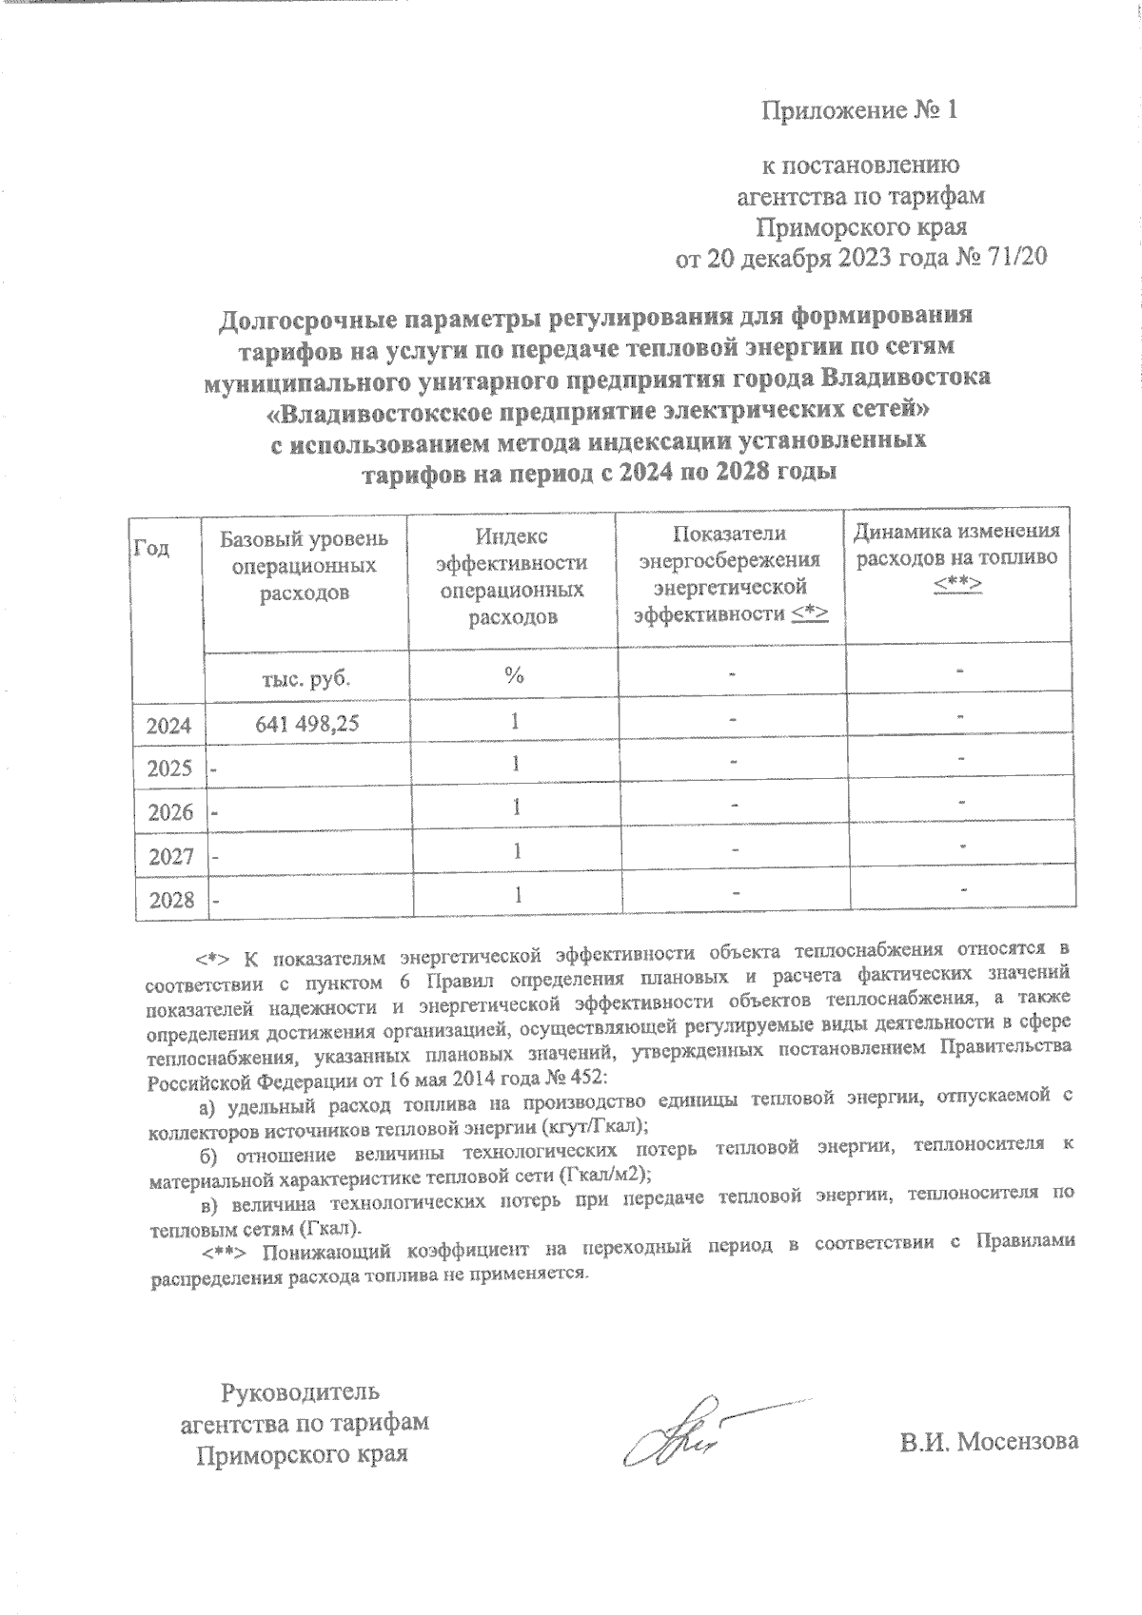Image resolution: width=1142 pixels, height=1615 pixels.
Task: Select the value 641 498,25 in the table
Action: [306, 724]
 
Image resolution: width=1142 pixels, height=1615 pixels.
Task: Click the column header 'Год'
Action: [153, 549]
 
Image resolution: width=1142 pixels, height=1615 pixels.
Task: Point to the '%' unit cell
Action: [515, 676]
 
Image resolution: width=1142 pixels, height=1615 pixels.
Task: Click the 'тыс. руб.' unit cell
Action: [305, 678]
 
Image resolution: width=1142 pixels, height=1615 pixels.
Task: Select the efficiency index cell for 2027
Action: [515, 851]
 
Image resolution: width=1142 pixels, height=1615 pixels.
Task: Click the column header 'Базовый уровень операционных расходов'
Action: [305, 567]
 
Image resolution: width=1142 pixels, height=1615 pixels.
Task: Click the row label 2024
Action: [169, 727]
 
